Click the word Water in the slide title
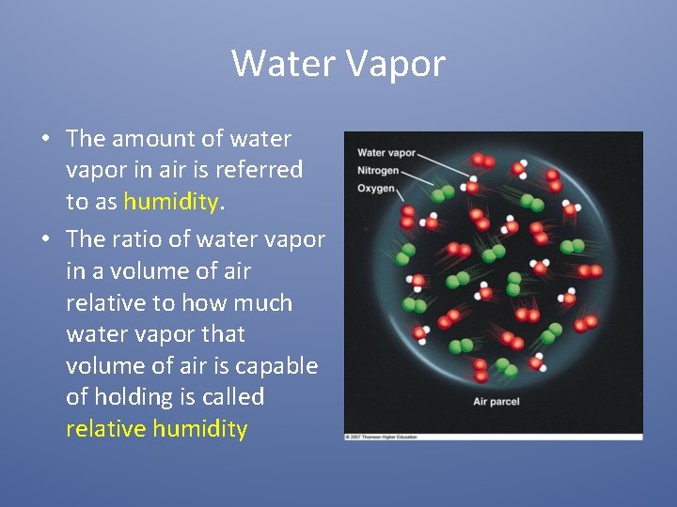[x=283, y=64]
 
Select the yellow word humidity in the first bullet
[x=170, y=201]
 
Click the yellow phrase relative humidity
[x=156, y=429]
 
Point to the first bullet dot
[x=45, y=139]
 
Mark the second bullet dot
[x=45, y=239]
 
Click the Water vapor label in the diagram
[x=386, y=153]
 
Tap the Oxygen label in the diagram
[x=375, y=188]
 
